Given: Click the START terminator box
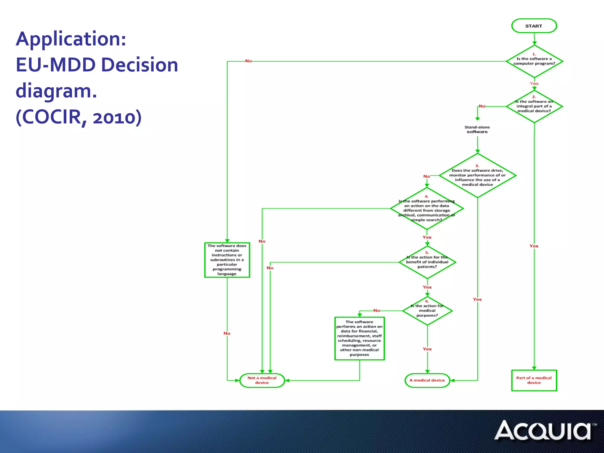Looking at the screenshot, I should [534, 26].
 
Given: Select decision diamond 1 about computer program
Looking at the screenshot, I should [534, 61].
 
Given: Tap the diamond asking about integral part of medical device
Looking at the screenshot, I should [534, 106].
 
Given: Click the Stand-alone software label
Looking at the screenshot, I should [477, 129].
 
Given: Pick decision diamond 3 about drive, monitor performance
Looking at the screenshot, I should [477, 175].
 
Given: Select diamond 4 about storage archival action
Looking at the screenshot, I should [427, 209].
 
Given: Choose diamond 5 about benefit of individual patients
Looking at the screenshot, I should [427, 262].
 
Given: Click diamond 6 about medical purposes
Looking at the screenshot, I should [427, 311].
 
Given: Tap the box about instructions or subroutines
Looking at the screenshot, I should [227, 260].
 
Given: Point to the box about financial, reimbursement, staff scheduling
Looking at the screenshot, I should [360, 338].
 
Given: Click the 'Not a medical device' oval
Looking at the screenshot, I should [262, 380].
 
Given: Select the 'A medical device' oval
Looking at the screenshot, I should [427, 380].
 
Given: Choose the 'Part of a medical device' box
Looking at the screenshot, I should [534, 380].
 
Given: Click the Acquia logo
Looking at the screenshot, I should [544, 431].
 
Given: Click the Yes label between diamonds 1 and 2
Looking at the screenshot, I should [534, 83].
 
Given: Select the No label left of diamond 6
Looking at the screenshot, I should [377, 310].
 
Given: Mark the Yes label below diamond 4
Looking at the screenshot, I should [427, 237].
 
